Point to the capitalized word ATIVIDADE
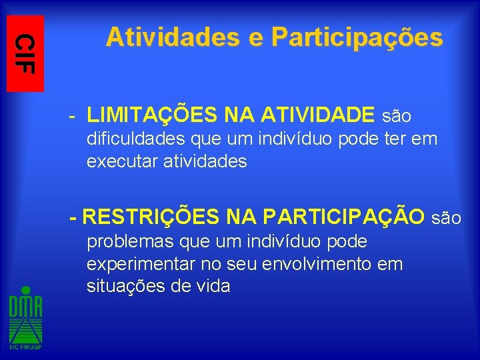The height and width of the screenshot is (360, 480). [x=318, y=116]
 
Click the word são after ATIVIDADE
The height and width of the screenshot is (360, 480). [x=396, y=117]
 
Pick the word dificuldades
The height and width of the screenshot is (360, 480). [x=137, y=140]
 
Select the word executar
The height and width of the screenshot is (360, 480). [x=122, y=162]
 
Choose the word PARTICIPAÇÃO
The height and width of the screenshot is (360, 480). [x=344, y=217]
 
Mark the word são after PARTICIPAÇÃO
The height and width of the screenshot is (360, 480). [x=447, y=218]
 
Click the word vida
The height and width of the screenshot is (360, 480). [x=213, y=287]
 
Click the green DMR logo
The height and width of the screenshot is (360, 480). [x=25, y=313]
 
